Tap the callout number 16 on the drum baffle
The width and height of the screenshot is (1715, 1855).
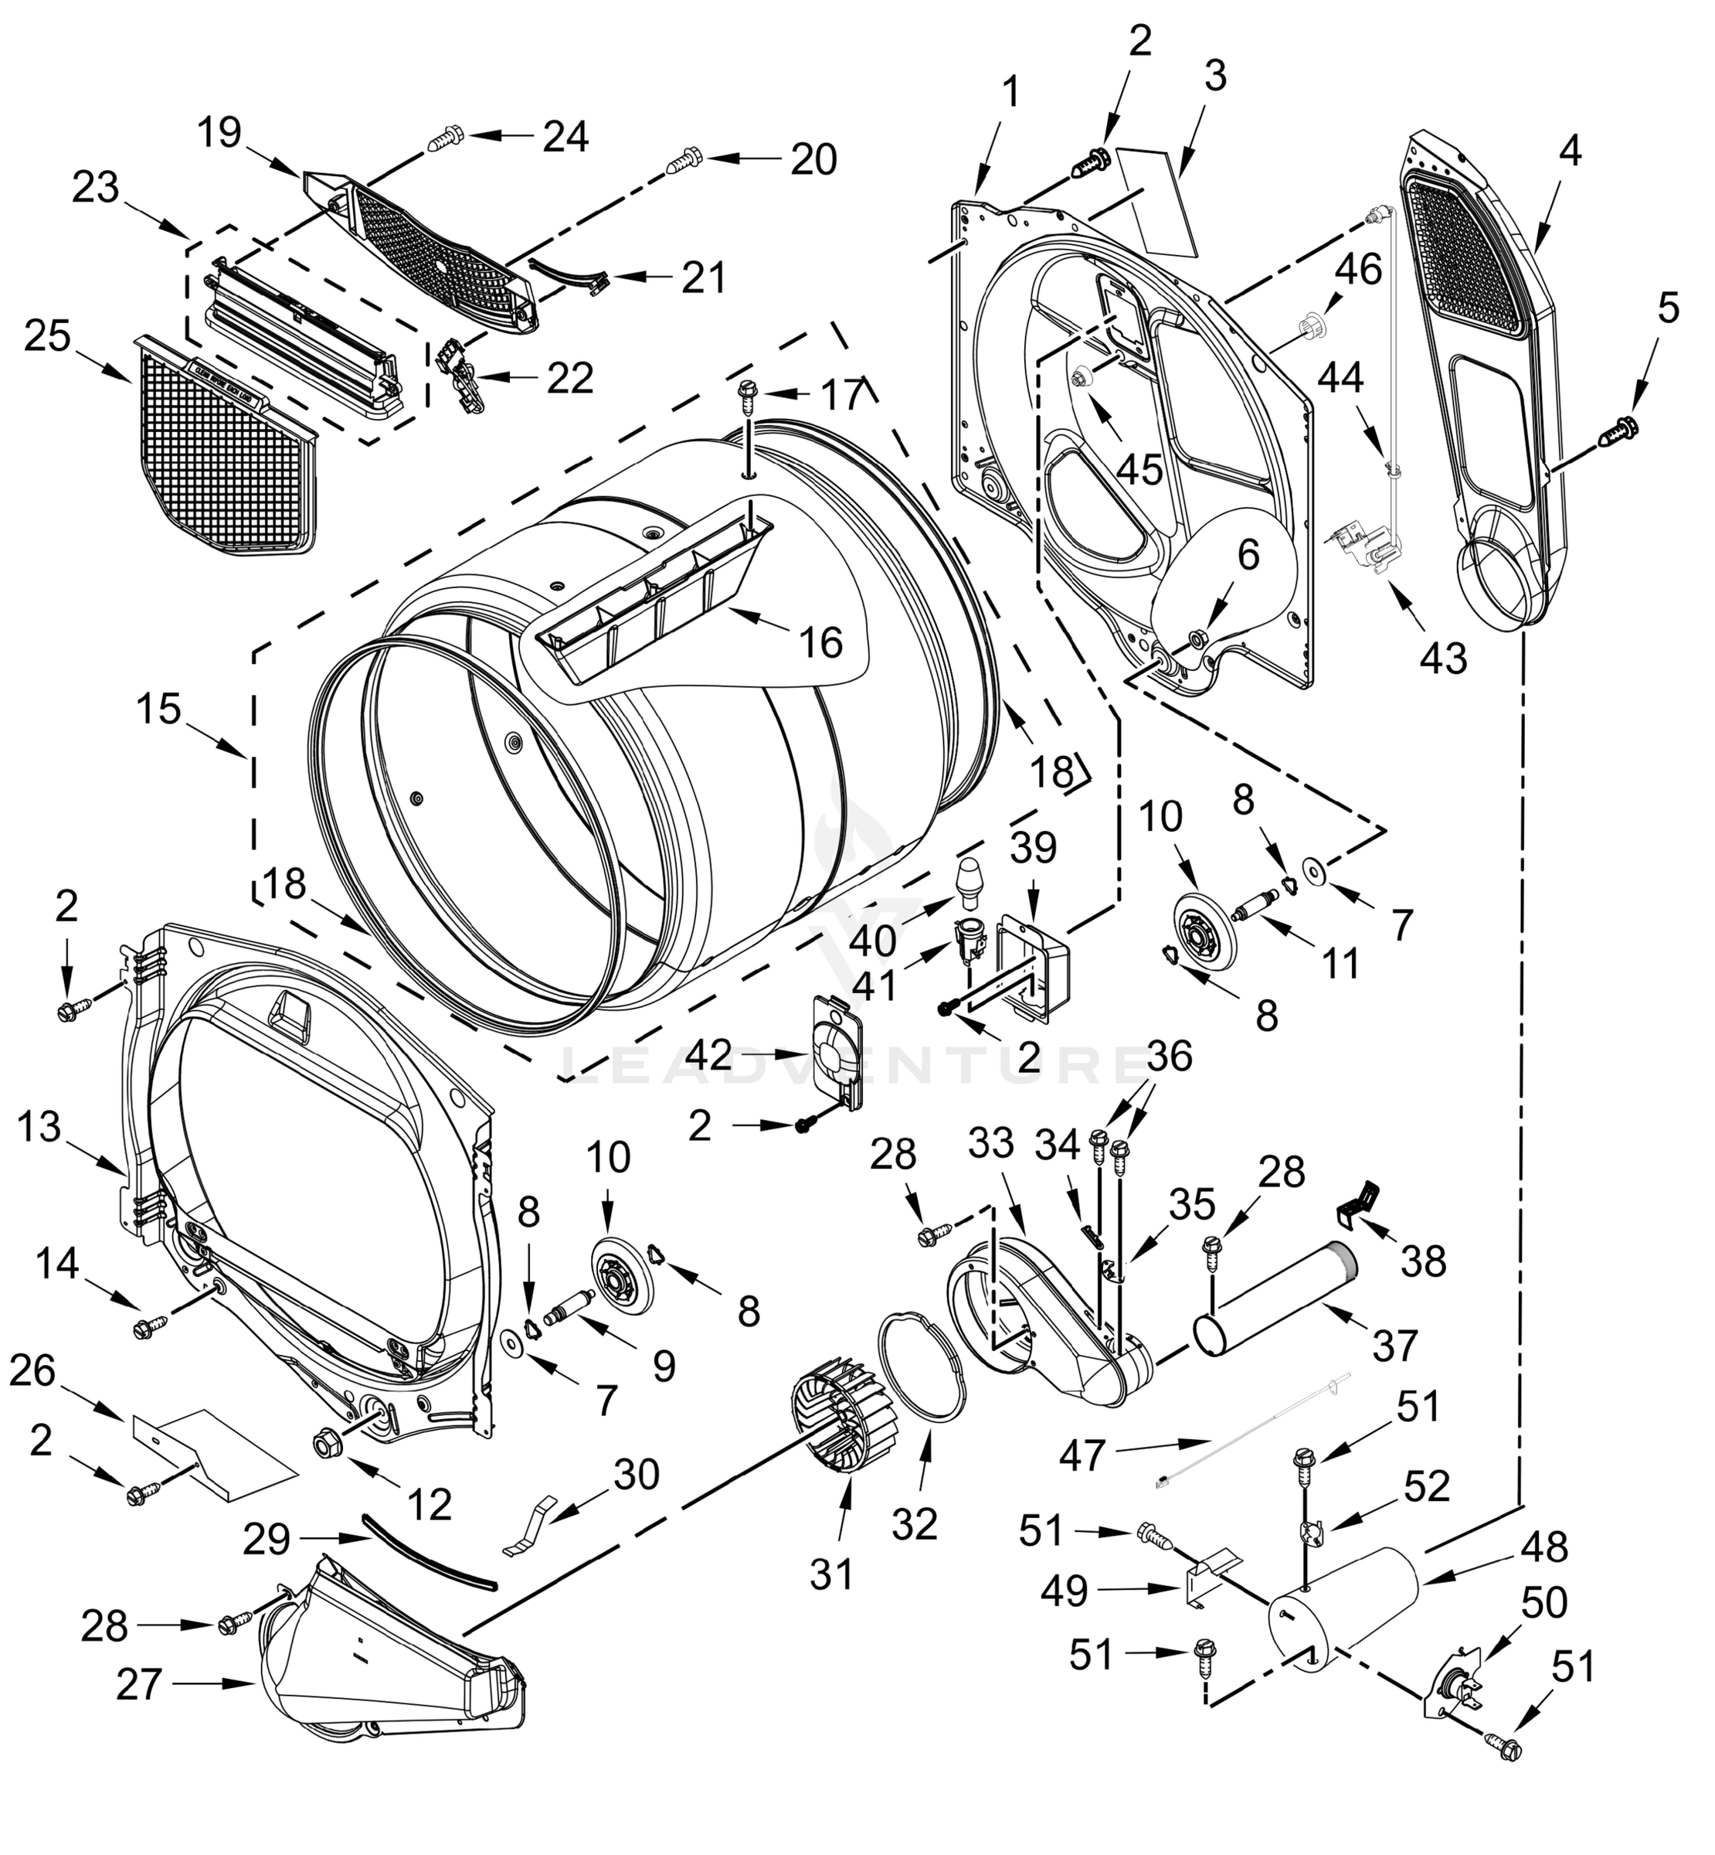point(821,642)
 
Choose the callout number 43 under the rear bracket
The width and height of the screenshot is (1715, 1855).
point(1443,657)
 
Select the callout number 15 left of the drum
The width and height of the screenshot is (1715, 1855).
point(158,710)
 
